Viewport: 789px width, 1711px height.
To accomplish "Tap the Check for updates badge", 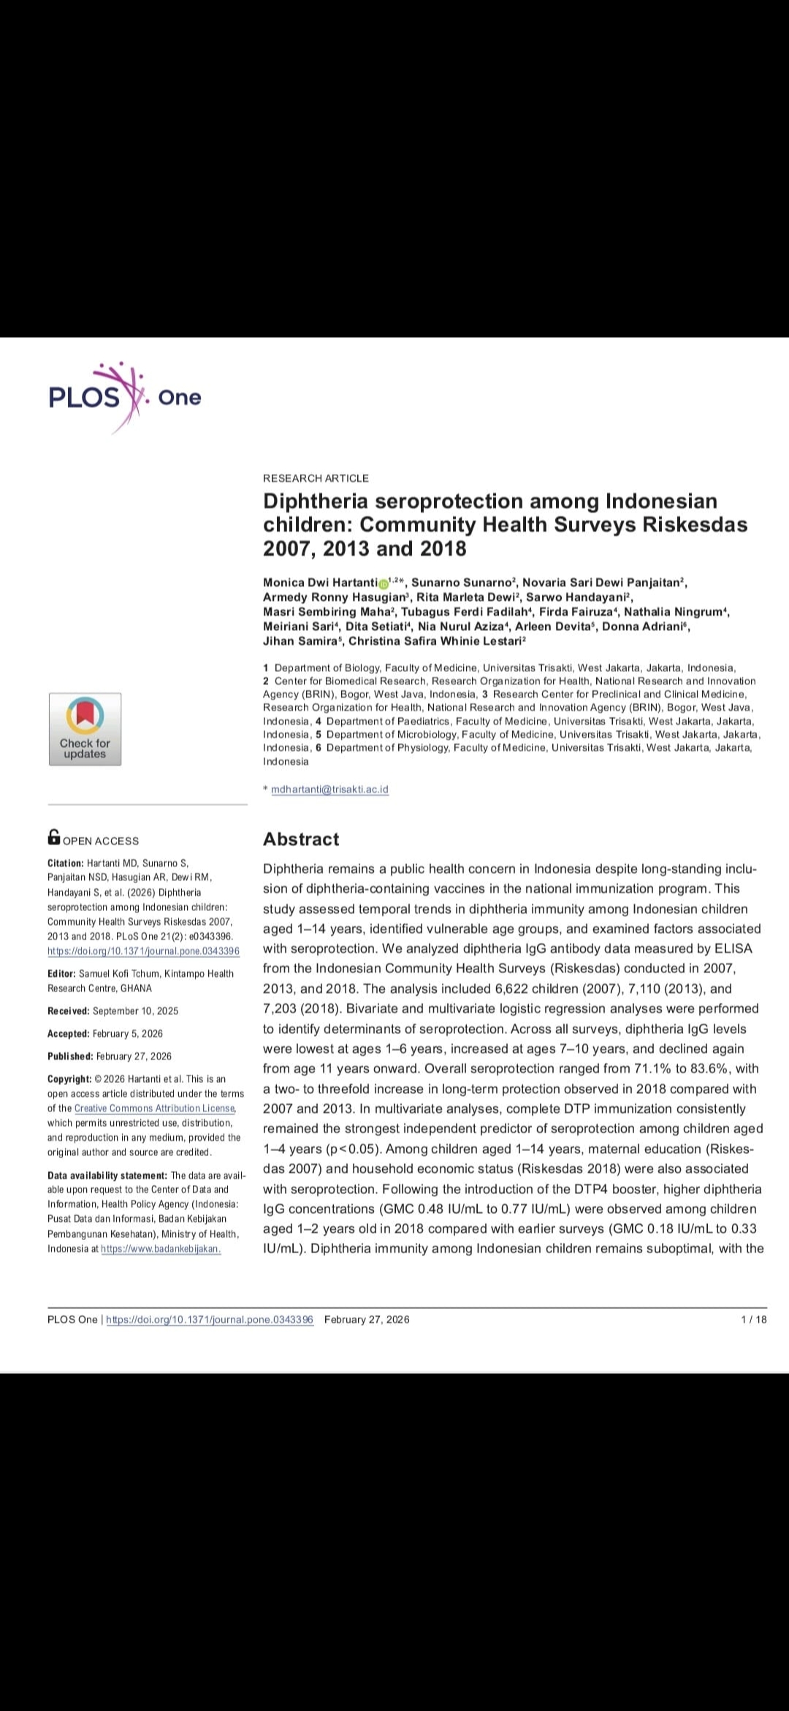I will [85, 729].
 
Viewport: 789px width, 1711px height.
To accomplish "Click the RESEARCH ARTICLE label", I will [316, 478].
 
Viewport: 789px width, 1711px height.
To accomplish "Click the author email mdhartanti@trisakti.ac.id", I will [329, 790].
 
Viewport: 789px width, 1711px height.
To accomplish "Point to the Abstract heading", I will [301, 839].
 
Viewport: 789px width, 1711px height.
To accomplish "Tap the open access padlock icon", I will [54, 836].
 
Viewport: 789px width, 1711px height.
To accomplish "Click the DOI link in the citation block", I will [143, 951].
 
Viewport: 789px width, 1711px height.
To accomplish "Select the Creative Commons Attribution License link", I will [155, 1108].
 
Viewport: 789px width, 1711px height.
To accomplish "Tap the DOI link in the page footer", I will [210, 1320].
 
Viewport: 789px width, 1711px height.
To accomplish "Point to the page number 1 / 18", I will [754, 1320].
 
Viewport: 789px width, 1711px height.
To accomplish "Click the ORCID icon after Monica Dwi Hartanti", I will [384, 583].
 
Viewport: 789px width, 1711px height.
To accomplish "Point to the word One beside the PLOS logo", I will [179, 398].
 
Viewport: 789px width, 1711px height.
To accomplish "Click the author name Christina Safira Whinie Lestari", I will [435, 641].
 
